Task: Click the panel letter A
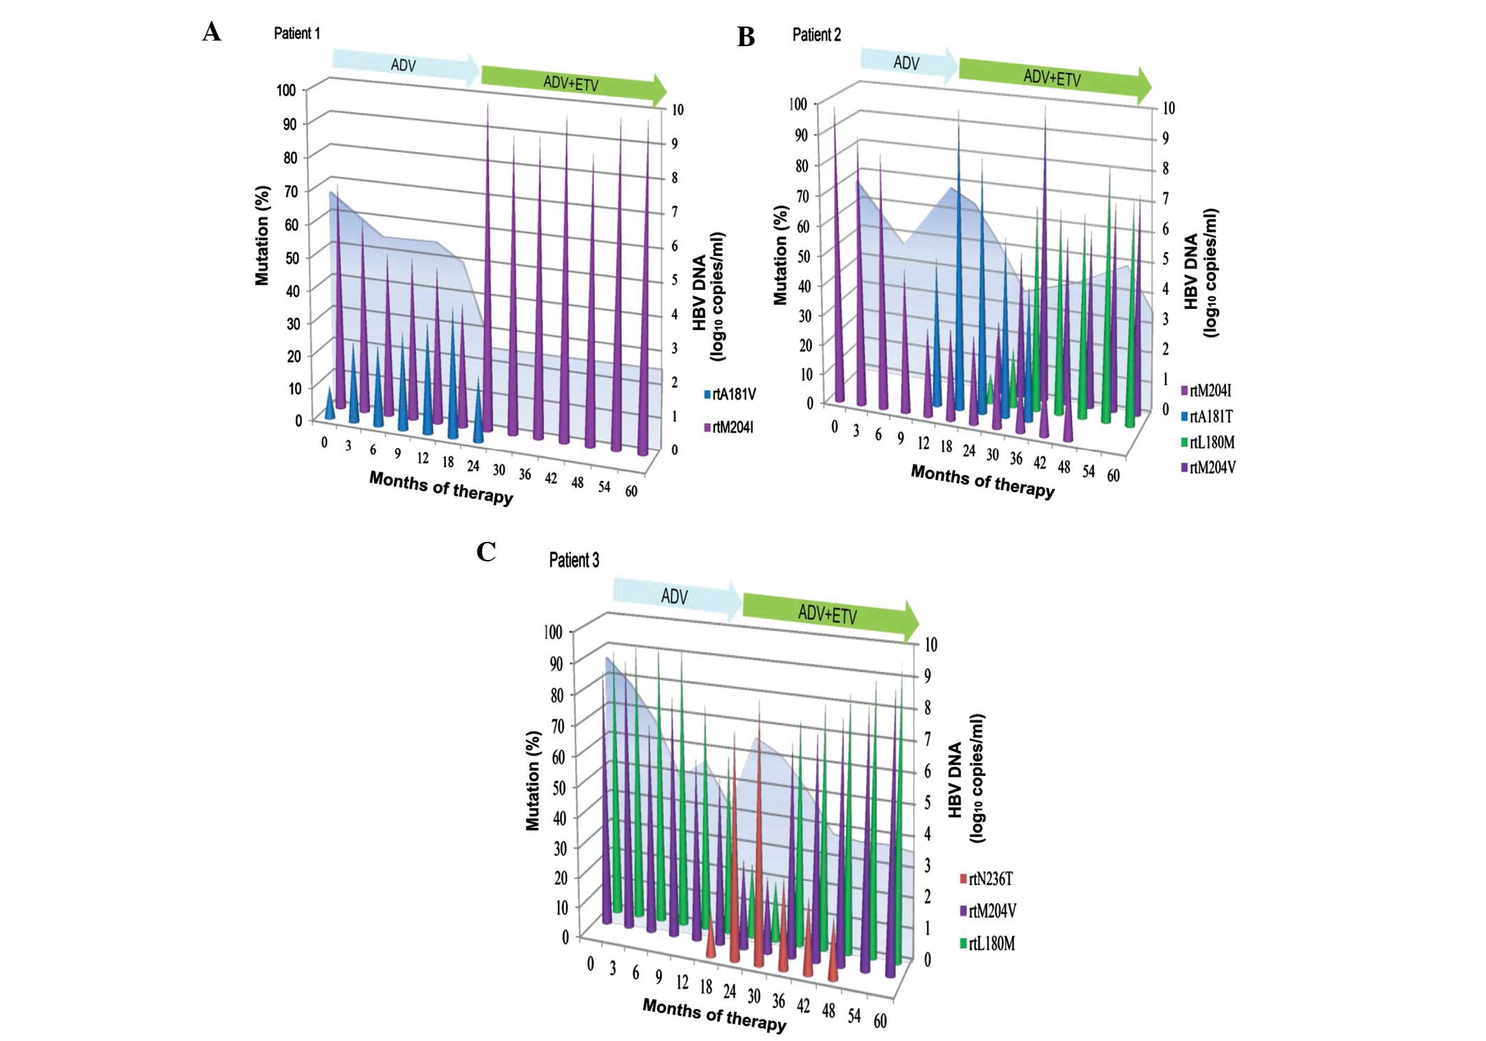click(211, 32)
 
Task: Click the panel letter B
click(746, 36)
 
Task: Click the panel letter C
click(486, 552)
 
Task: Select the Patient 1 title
click(296, 33)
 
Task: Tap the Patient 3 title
click(574, 560)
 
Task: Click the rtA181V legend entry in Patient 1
click(730, 394)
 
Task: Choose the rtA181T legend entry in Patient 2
click(1208, 417)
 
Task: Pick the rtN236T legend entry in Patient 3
click(986, 879)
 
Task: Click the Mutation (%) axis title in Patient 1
click(262, 236)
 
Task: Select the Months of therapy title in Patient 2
click(982, 481)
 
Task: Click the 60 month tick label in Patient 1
click(631, 491)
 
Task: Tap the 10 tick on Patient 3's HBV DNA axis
click(931, 644)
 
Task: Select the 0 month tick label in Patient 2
click(834, 426)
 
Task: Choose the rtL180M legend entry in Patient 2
click(1208, 443)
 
